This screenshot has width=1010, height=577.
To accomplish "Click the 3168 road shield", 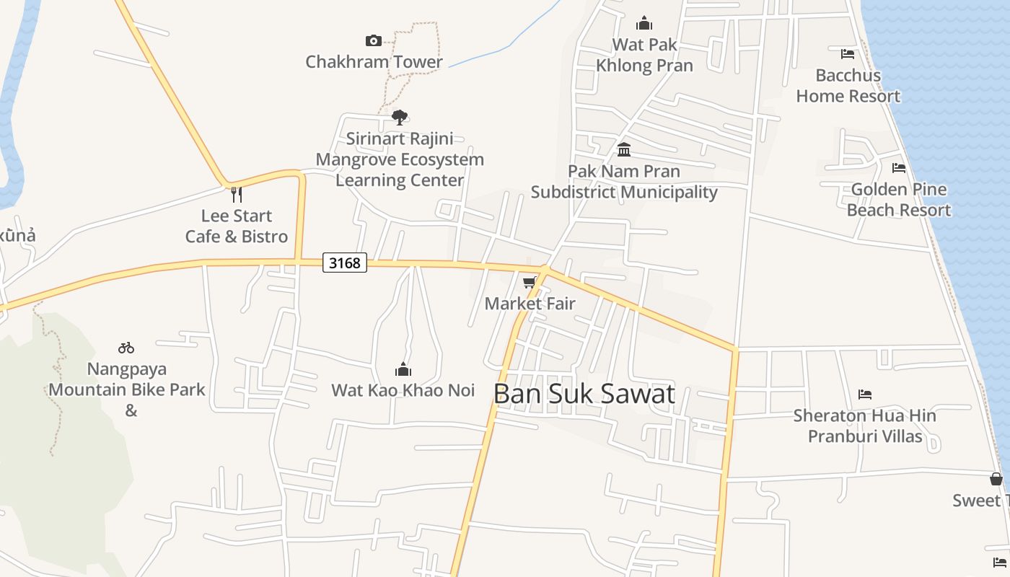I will pos(344,263).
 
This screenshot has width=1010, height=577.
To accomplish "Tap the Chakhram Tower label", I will pos(374,62).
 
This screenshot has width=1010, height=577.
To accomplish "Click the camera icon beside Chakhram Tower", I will pos(373,40).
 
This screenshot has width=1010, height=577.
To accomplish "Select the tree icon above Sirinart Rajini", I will pos(399,117).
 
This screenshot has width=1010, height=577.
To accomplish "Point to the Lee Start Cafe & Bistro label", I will pos(237,226).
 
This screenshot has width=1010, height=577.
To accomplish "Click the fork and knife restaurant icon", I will pos(236,194).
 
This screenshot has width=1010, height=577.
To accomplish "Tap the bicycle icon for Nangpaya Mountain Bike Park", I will pos(126,348).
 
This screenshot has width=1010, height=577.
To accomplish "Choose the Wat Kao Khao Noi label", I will pos(403,390).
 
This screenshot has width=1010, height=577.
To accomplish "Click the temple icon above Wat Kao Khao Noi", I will pos(403,369).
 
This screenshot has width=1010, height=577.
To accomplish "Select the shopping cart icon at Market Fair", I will pos(530,282).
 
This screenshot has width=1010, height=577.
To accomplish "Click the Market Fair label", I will pos(530,304).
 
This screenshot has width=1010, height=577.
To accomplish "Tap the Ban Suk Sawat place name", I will pos(584,394).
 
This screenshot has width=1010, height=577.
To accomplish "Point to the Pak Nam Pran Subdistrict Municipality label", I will pos(624,182).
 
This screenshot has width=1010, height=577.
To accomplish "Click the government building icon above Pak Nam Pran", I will pos(624,150).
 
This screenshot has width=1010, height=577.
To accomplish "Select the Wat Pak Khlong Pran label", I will pos(644,55).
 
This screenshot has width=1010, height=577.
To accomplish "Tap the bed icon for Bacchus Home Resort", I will pos(848,53).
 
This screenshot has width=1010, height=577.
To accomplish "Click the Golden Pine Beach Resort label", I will pos(899,200).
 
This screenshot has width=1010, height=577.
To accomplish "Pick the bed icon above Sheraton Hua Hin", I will pos(865,394).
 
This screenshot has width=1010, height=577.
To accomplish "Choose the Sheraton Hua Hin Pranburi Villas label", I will pos(865,426).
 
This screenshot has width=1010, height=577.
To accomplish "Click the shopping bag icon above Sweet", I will pos(996,479).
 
